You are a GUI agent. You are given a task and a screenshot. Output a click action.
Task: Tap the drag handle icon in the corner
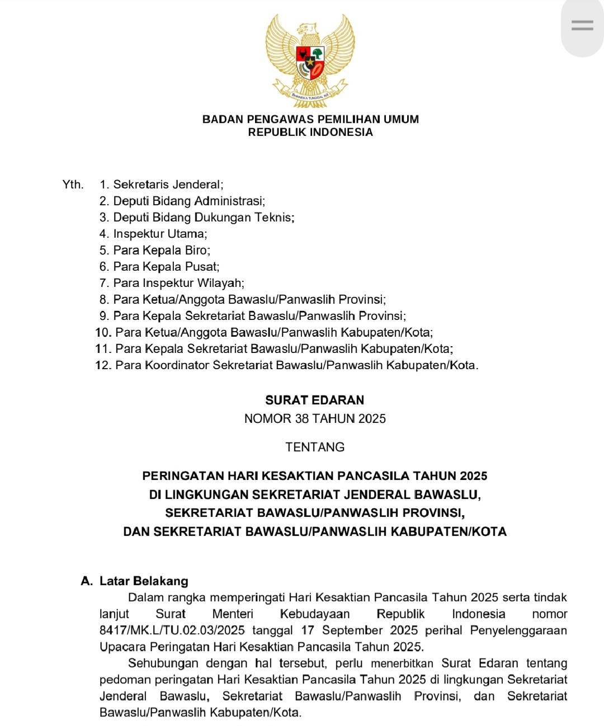pyautogui.click(x=582, y=25)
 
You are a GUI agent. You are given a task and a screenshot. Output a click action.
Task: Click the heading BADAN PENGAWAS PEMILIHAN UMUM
pyautogui.click(x=310, y=119)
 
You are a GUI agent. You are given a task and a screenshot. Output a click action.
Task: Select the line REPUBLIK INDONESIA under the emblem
pyautogui.click(x=310, y=133)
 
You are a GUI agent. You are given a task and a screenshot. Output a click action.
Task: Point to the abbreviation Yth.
pyautogui.click(x=73, y=185)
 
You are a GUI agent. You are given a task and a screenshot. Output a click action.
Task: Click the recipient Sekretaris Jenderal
pyautogui.click(x=168, y=185)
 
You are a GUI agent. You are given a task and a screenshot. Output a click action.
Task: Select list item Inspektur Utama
pyautogui.click(x=160, y=234)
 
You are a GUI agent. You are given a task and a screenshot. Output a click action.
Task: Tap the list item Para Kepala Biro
pyautogui.click(x=162, y=250)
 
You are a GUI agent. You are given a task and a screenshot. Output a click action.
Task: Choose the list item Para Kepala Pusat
pyautogui.click(x=166, y=267)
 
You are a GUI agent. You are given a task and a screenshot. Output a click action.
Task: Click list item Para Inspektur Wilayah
pyautogui.click(x=178, y=283)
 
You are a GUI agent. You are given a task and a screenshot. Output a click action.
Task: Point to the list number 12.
pyautogui.click(x=103, y=365)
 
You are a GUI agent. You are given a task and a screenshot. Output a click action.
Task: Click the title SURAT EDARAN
pyautogui.click(x=315, y=400)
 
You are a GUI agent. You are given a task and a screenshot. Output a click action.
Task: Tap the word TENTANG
pyautogui.click(x=315, y=447)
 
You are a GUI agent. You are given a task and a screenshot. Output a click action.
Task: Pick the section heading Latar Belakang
pyautogui.click(x=144, y=581)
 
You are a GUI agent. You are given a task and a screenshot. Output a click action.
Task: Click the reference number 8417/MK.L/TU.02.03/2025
pyautogui.click(x=172, y=630)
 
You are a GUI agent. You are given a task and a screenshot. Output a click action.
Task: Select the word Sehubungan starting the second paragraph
pyautogui.click(x=163, y=663)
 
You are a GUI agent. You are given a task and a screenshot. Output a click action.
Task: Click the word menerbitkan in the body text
pyautogui.click(x=402, y=664)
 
